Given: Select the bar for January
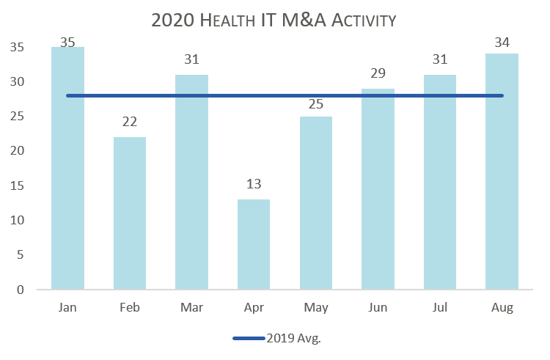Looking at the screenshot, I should [x=67, y=169].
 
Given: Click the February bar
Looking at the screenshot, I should [x=130, y=213].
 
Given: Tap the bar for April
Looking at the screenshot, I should [x=254, y=244].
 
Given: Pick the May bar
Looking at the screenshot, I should [x=316, y=202].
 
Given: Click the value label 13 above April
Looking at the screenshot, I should [x=254, y=184].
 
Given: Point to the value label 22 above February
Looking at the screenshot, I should [x=130, y=122].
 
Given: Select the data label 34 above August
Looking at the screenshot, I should [x=502, y=43].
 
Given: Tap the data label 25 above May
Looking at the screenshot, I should [x=316, y=104].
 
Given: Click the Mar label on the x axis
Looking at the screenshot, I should [x=191, y=307].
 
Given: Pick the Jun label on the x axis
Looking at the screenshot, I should [x=378, y=307].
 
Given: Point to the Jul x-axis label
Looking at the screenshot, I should [x=440, y=307].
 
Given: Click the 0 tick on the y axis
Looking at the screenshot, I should [x=20, y=290].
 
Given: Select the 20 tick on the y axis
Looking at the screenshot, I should [x=18, y=151].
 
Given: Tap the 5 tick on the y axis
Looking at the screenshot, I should [x=20, y=255].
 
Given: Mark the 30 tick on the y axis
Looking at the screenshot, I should [x=18, y=82].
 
